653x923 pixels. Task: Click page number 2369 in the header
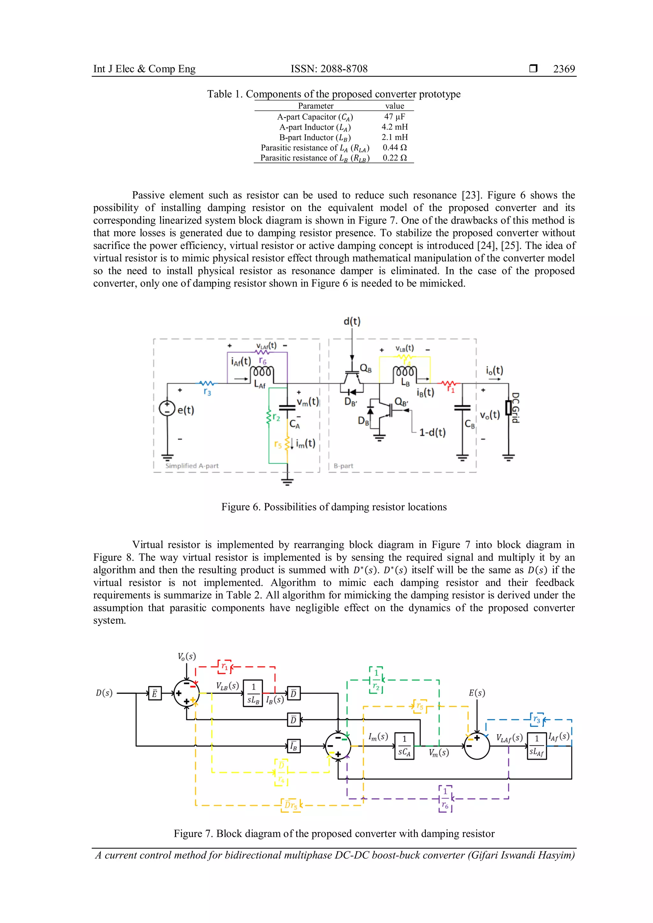point(564,69)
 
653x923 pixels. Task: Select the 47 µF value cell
point(394,117)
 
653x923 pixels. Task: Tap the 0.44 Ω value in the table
point(394,148)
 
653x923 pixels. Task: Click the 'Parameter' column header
point(316,106)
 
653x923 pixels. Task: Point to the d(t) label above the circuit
point(352,321)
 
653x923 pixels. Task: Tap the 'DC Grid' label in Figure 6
point(515,408)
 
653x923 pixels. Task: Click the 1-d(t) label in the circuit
point(432,432)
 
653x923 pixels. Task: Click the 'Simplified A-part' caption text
point(192,466)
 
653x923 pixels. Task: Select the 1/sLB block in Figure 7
point(253,693)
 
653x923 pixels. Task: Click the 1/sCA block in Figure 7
point(404,746)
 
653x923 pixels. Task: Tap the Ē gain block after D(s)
point(154,694)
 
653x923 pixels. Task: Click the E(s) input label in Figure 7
point(477,693)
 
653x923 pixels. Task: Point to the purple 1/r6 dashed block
point(445,799)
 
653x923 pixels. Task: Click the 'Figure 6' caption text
point(334,507)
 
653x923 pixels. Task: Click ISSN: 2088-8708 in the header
point(329,69)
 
